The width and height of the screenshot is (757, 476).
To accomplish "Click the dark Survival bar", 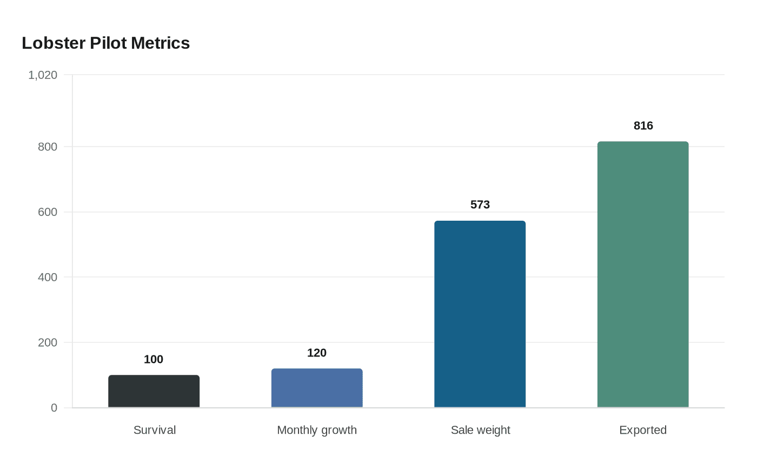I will [154, 391].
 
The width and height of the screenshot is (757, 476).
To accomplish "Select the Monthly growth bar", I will [317, 388].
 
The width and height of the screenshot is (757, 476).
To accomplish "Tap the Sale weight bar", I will [480, 314].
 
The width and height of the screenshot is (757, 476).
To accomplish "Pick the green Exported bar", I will [642, 274].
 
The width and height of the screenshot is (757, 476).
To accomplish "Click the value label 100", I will [154, 360].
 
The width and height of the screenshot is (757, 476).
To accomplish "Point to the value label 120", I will [317, 353].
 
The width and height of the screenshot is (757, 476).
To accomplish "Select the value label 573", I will [480, 204].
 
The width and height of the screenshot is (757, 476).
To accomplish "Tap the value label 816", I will [643, 125].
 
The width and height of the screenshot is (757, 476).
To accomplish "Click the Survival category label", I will [155, 430].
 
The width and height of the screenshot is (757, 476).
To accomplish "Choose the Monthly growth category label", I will [317, 430].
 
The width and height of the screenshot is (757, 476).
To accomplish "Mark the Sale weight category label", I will [480, 430].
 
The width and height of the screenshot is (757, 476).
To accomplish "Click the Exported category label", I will [643, 430].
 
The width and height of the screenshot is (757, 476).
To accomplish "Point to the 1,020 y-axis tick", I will [43, 75].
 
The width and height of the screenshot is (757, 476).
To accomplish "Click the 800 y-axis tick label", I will [48, 147].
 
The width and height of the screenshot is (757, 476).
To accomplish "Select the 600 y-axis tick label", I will [48, 212].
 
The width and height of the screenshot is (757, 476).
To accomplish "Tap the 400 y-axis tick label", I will [48, 277].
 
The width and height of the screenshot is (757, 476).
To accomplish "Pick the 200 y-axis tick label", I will [48, 343].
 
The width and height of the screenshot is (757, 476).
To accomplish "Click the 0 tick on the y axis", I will [54, 408].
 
